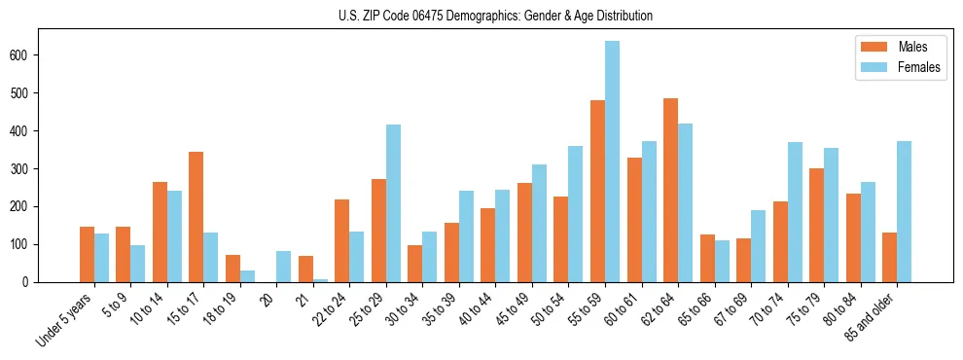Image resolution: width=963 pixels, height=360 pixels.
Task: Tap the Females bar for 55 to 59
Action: [612, 162]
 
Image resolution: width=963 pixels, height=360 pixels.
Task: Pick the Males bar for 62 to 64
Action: [670, 190]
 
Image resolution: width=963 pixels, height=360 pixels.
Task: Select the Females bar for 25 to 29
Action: [393, 203]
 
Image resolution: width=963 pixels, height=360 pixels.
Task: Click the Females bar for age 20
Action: [283, 267]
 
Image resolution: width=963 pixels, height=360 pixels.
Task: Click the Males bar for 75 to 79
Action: [816, 225]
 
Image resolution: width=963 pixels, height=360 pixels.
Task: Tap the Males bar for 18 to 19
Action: [232, 269]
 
